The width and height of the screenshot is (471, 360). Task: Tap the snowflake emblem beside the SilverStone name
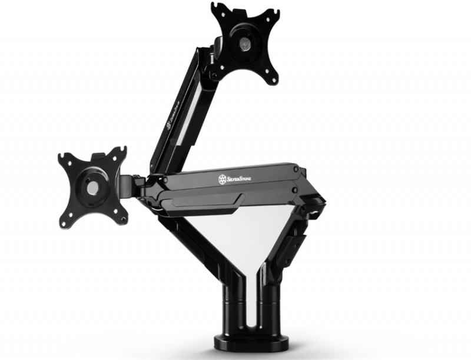pyautogui.click(x=223, y=178)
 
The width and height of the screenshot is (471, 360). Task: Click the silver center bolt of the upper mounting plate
pyautogui.click(x=244, y=42)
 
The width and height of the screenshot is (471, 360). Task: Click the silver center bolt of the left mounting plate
pyautogui.click(x=93, y=187)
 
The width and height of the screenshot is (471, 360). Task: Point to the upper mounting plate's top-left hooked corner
pyautogui.click(x=215, y=9)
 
